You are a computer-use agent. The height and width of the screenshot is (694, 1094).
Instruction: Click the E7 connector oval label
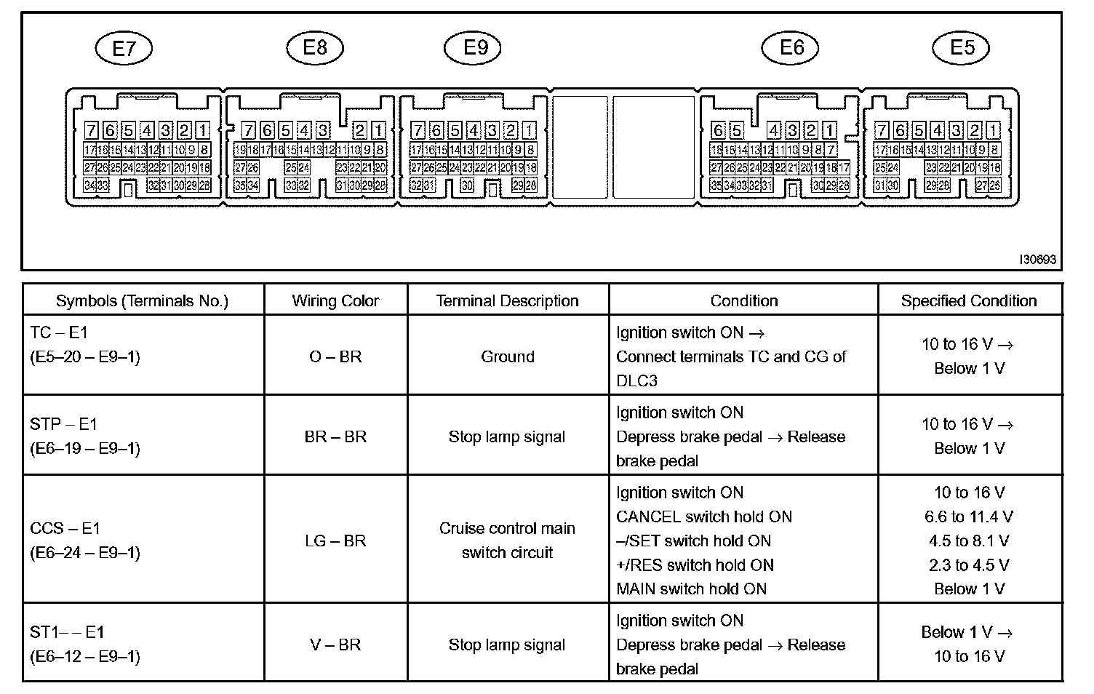(x=124, y=49)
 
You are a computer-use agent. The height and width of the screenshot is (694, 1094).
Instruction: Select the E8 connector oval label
(x=314, y=48)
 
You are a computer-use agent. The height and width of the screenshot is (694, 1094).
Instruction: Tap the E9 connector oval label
(x=476, y=48)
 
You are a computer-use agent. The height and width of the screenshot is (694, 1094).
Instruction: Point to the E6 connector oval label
(x=791, y=48)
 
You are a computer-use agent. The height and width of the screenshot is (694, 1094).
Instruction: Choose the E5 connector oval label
(x=962, y=48)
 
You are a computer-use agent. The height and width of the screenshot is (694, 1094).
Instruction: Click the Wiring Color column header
(x=335, y=301)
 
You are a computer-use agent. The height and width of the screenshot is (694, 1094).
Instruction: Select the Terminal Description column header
(x=507, y=301)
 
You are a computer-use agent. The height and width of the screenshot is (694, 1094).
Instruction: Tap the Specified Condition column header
(x=968, y=301)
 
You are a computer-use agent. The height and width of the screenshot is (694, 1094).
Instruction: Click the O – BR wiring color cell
(x=335, y=356)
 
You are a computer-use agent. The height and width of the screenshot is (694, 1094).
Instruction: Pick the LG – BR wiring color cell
(x=335, y=541)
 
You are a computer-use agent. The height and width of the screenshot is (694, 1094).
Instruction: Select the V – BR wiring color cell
(x=335, y=645)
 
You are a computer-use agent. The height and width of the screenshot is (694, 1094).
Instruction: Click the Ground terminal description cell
(x=507, y=356)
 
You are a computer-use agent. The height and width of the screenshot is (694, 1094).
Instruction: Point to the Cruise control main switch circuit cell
(x=507, y=541)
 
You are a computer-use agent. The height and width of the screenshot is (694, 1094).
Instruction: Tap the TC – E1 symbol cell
(x=85, y=345)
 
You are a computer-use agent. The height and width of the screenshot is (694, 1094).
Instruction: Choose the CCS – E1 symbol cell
(x=85, y=541)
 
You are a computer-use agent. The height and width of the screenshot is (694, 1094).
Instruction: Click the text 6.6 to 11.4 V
(x=969, y=516)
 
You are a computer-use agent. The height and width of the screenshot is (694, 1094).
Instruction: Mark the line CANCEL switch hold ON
(x=703, y=516)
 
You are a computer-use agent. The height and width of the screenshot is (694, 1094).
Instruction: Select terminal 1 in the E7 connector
(x=203, y=131)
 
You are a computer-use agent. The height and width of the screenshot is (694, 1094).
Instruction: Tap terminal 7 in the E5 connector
(x=882, y=131)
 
